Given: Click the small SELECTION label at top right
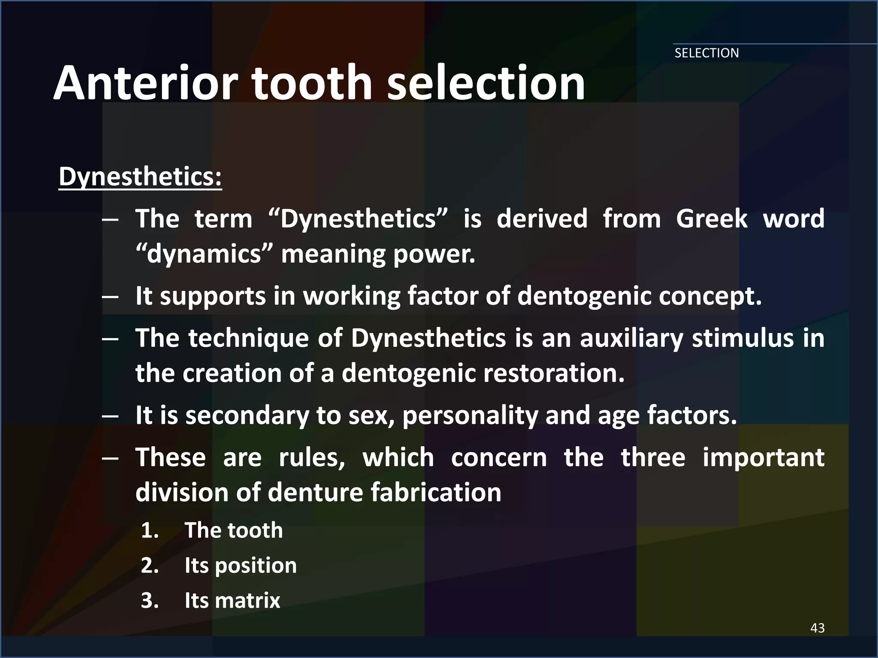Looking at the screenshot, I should tap(707, 53).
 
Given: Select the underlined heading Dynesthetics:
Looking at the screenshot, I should tap(140, 176).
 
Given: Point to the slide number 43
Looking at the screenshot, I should tap(818, 628).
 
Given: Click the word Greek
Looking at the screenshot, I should tap(712, 218).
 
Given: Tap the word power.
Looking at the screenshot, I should tap(434, 254).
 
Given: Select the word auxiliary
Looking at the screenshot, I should tap(631, 338).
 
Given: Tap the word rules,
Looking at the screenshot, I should tap(312, 458).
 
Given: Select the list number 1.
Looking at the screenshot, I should tap(150, 531).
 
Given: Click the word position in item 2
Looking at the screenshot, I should tap(256, 566).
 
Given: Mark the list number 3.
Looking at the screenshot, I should tap(150, 601).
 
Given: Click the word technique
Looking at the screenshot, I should tap(248, 338).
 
